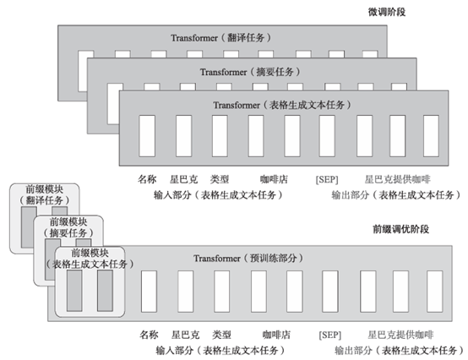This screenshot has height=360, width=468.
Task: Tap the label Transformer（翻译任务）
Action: click(210, 38)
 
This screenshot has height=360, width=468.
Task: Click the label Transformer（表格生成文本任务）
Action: click(272, 105)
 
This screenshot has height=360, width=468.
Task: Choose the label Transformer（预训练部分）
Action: click(246, 258)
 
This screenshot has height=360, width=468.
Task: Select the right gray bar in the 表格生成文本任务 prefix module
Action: click(105, 291)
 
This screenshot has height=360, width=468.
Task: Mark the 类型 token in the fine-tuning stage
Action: click(219, 180)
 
